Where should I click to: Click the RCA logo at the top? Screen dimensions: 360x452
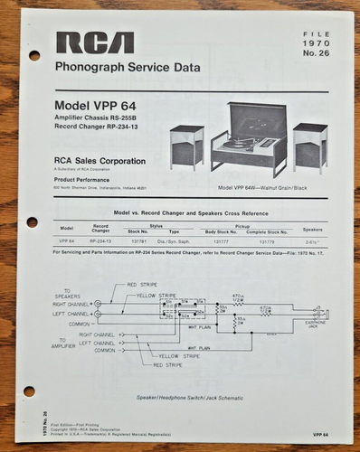click(95, 42)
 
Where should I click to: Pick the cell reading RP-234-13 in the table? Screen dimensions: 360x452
click(101, 241)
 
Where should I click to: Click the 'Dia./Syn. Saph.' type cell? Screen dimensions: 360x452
click(175, 241)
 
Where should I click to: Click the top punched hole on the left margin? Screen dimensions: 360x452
click(34, 55)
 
